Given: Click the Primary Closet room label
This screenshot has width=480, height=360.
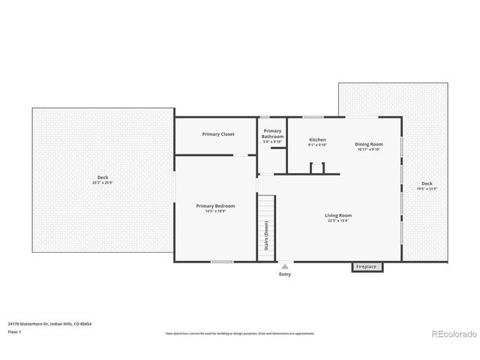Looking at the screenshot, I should [218, 134].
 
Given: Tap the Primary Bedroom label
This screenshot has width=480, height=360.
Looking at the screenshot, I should [215, 206].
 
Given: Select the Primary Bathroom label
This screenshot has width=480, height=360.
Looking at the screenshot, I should [272, 133].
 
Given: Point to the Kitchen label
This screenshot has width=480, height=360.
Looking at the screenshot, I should [317, 139].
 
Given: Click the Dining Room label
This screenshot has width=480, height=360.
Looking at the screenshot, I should [368, 144].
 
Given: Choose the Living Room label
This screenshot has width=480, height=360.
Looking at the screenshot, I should [338, 216].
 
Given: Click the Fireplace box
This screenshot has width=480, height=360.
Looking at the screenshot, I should [367, 266].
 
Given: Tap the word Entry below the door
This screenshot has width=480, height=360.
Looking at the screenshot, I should [285, 274].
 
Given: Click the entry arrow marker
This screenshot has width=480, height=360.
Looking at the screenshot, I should [285, 265].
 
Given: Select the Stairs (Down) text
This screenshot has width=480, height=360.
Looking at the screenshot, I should [266, 235].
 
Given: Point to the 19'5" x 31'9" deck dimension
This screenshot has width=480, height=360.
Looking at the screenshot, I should [427, 188].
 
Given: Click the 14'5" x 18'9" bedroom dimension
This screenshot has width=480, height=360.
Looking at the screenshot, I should [215, 211].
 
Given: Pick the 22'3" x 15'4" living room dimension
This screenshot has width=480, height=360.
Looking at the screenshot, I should [338, 221].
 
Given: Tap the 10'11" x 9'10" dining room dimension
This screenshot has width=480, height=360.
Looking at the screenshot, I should [368, 149].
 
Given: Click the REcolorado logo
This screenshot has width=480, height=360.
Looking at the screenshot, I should [451, 334].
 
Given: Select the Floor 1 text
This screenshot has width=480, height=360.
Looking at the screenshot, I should [15, 331].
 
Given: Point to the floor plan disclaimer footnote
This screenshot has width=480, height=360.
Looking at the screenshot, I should [240, 334].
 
